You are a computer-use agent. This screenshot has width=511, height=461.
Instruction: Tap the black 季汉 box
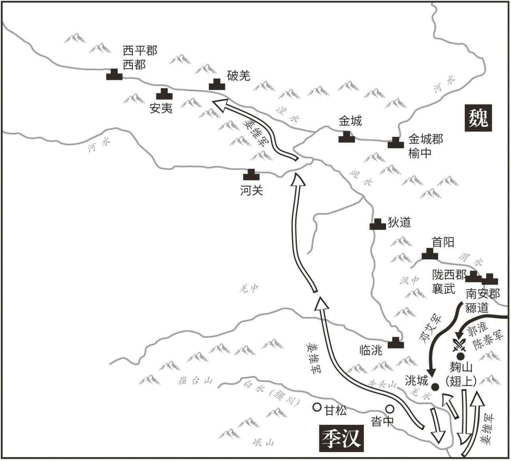(341, 439)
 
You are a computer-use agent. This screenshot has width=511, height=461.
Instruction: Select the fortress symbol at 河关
(251, 174)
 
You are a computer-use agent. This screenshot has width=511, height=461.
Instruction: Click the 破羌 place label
(239, 76)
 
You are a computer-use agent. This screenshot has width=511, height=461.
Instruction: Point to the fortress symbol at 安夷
(164, 94)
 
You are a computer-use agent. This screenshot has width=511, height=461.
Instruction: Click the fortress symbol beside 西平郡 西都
(115, 74)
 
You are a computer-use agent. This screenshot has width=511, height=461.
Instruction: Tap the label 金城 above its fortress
(350, 121)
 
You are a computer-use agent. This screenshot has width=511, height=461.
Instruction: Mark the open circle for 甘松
(316, 407)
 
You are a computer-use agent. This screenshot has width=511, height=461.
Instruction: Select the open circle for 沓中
(390, 409)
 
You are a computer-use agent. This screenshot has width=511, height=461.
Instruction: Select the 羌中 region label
(248, 289)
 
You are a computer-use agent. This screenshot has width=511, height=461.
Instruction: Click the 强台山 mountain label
(195, 381)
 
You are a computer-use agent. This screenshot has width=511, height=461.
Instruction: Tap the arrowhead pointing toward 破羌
(219, 104)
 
